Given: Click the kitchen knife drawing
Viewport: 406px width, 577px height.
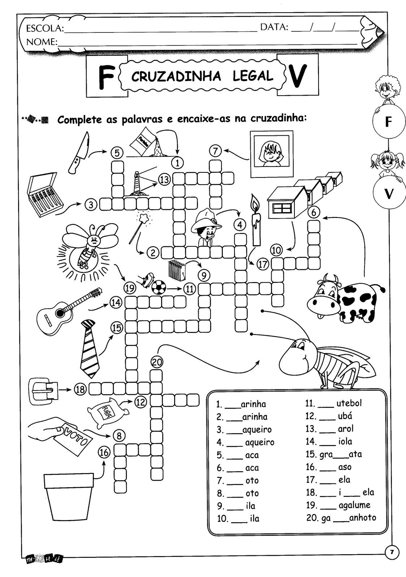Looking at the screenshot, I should pyautogui.click(x=79, y=151).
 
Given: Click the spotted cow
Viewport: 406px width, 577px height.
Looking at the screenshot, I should pyautogui.click(x=345, y=296).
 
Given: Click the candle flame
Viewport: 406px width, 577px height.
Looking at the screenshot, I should pyautogui.click(x=255, y=203).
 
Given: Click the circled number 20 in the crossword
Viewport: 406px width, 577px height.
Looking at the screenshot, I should pyautogui.click(x=157, y=362).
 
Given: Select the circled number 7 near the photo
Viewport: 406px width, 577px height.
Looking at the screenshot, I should pyautogui.click(x=215, y=150).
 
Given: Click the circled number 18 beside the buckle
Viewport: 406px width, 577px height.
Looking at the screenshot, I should pyautogui.click(x=80, y=389).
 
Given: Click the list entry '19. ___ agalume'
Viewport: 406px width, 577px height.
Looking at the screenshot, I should pyautogui.click(x=338, y=505).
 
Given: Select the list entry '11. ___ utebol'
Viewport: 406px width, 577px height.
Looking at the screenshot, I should pyautogui.click(x=333, y=403).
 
